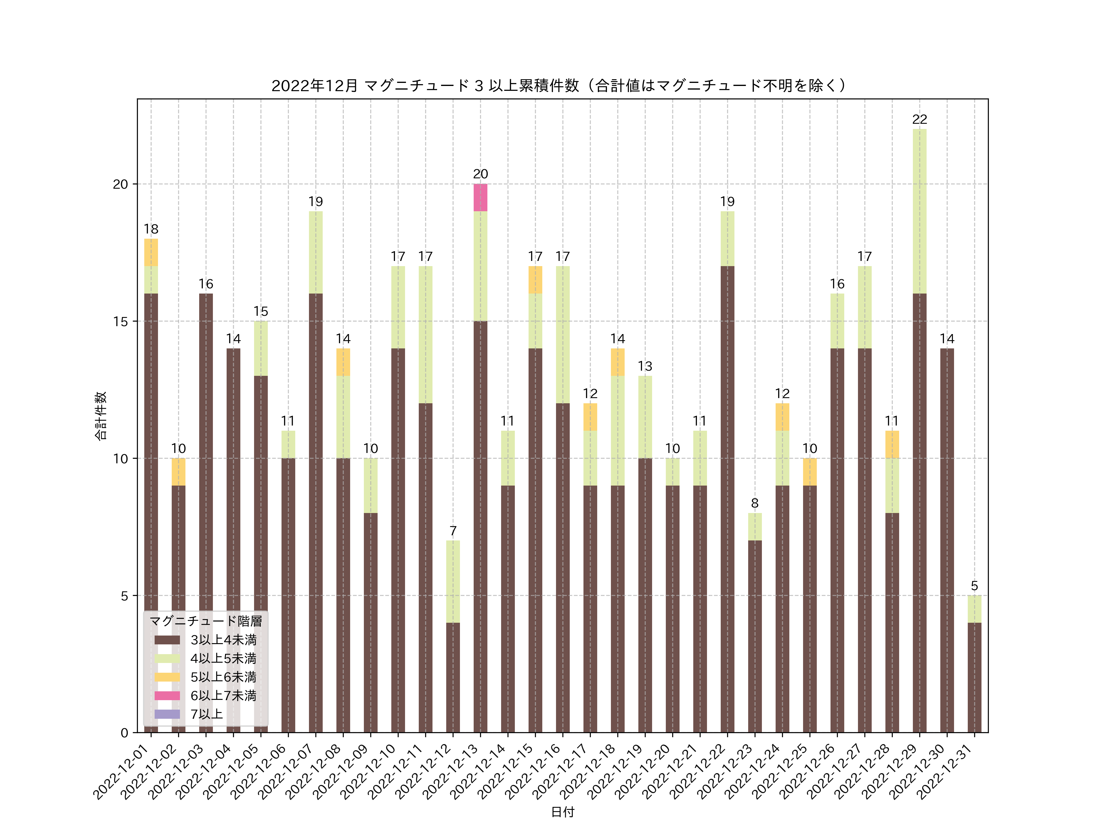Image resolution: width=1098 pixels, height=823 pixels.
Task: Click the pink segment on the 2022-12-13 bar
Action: (480, 198)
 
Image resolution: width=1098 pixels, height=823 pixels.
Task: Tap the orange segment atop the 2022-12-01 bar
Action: (151, 252)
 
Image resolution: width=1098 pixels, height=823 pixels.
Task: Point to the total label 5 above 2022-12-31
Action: (974, 586)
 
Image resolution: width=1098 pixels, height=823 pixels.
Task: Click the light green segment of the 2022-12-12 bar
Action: (453, 581)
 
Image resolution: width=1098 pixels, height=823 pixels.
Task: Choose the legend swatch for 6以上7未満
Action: (167, 696)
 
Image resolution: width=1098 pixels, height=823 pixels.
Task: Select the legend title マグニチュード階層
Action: (206, 621)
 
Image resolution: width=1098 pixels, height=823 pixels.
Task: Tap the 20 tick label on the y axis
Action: (120, 184)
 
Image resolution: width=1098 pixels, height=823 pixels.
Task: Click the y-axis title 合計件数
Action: (101, 416)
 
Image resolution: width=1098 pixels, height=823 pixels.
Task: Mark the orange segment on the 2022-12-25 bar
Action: (809, 472)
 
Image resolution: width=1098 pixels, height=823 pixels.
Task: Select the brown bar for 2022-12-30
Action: (947, 541)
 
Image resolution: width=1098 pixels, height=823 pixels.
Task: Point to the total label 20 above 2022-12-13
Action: (480, 174)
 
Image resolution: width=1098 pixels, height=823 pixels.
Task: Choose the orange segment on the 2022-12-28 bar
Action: (892, 444)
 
